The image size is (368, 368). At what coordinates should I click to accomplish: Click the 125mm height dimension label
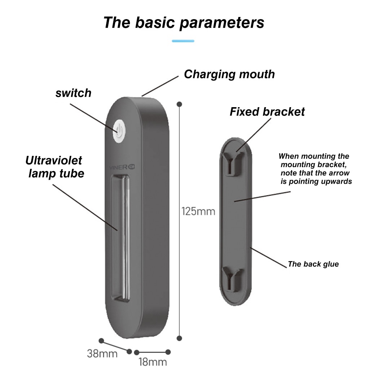tap(198, 211)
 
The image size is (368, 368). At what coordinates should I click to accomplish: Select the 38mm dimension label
tap(102, 353)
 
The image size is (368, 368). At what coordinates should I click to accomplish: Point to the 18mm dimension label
tap(153, 362)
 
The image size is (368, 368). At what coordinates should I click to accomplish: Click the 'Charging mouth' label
tap(229, 74)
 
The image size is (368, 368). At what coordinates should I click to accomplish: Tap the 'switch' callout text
tap(73, 93)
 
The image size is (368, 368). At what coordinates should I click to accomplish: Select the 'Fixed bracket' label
tap(267, 112)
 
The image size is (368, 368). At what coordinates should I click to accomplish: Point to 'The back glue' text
tap(313, 264)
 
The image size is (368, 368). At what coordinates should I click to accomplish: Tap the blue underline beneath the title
tap(183, 41)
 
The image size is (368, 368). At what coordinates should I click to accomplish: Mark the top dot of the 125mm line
tap(179, 104)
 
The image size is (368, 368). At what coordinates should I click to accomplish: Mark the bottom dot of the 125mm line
tap(179, 338)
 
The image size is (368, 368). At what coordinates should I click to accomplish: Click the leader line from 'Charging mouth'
tap(160, 86)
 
